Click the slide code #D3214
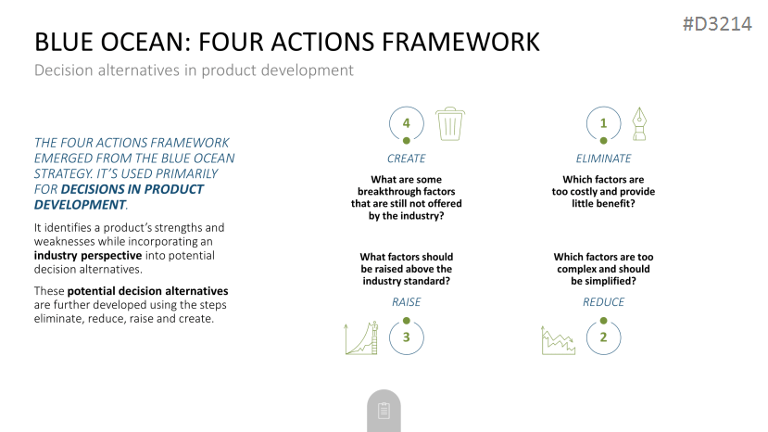click(717, 24)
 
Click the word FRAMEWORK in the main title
click(460, 42)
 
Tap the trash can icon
click(450, 124)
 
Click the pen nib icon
click(639, 124)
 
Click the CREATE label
click(407, 159)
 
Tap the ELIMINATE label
click(603, 159)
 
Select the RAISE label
click(407, 302)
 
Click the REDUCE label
click(603, 302)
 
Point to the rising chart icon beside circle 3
click(361, 337)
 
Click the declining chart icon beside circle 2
click(559, 340)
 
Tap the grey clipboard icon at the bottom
click(384, 411)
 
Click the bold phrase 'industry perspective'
click(88, 256)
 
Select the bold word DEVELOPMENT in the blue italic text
click(80, 205)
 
